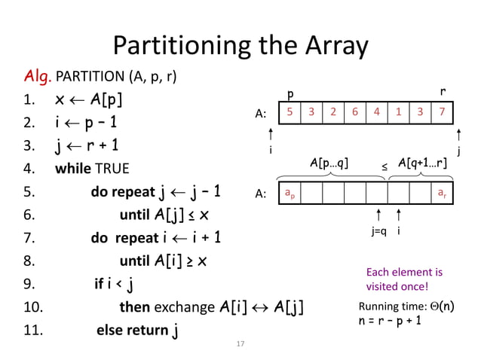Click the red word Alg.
point(36,77)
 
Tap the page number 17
point(240,344)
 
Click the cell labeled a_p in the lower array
point(289,193)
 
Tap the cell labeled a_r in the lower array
point(442,193)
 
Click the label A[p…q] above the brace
point(329,162)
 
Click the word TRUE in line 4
point(112,168)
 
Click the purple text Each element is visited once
point(404,279)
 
